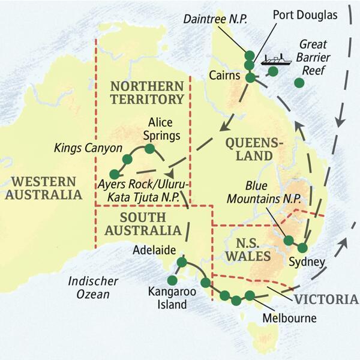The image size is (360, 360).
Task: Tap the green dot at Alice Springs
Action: coord(150,149)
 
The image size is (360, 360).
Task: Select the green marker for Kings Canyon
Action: coord(127,159)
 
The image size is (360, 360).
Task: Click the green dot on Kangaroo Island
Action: coord(172,280)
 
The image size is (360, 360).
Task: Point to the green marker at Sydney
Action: coord(302,248)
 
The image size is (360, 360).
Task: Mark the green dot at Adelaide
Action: coord(182,262)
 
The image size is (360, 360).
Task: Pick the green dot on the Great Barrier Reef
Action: coord(299,83)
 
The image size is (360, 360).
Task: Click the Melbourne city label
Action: coord(290,318)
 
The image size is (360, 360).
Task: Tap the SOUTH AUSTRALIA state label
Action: coord(142,223)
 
